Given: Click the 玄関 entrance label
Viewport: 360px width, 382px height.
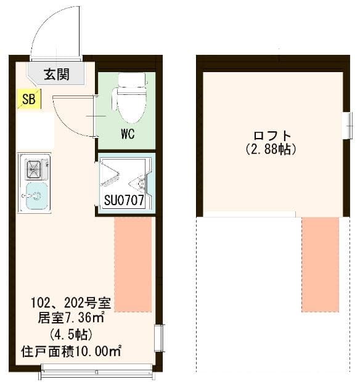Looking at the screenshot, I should pos(55,75).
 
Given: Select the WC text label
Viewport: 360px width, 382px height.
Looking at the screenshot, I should pos(128,134).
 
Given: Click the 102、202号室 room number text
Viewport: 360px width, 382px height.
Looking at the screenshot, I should pos(71,303).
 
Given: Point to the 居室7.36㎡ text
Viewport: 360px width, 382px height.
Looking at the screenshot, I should pos(72,319).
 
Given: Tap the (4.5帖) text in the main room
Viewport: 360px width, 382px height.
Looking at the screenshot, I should pos(71,336).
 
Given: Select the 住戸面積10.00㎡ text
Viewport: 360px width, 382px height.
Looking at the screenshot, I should pos(71,352).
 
